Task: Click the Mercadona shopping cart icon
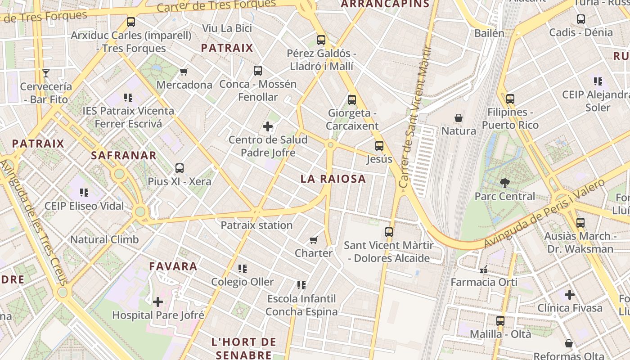(184, 72)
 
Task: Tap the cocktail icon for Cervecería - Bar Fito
(45, 73)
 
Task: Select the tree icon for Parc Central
(504, 183)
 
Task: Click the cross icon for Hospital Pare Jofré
(158, 302)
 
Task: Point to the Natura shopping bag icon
(458, 118)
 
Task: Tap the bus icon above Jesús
(379, 146)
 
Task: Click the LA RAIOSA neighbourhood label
(333, 179)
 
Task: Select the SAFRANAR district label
(124, 156)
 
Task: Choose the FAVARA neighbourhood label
(173, 266)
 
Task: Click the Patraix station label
(256, 225)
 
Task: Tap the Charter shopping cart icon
(314, 240)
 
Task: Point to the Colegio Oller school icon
(243, 269)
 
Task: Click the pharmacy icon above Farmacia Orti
(484, 270)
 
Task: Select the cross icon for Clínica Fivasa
(570, 295)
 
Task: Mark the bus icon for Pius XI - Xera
(180, 169)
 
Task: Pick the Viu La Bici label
(227, 28)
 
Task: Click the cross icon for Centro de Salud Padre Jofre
(268, 126)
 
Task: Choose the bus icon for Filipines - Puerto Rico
(510, 99)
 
